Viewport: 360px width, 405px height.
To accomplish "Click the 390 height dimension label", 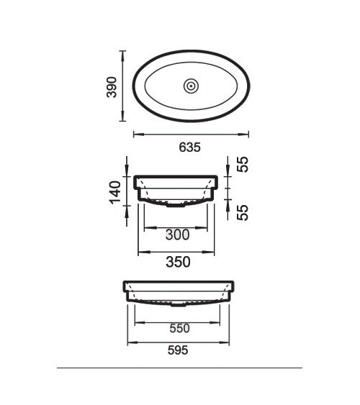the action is (x=112, y=87).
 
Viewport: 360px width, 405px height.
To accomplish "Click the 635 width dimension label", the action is (x=189, y=147).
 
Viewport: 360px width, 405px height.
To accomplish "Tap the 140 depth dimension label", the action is (x=115, y=192).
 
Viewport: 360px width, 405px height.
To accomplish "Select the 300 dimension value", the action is (x=178, y=235).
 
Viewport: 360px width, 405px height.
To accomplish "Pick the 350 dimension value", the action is (x=178, y=262).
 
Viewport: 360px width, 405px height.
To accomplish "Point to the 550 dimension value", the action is (x=179, y=328).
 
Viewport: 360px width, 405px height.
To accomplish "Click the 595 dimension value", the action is (x=178, y=350).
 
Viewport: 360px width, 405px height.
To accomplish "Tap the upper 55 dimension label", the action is (x=243, y=164).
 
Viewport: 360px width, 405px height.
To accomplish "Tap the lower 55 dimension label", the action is (x=243, y=213).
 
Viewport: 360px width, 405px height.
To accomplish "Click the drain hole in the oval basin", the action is (x=191, y=86).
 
